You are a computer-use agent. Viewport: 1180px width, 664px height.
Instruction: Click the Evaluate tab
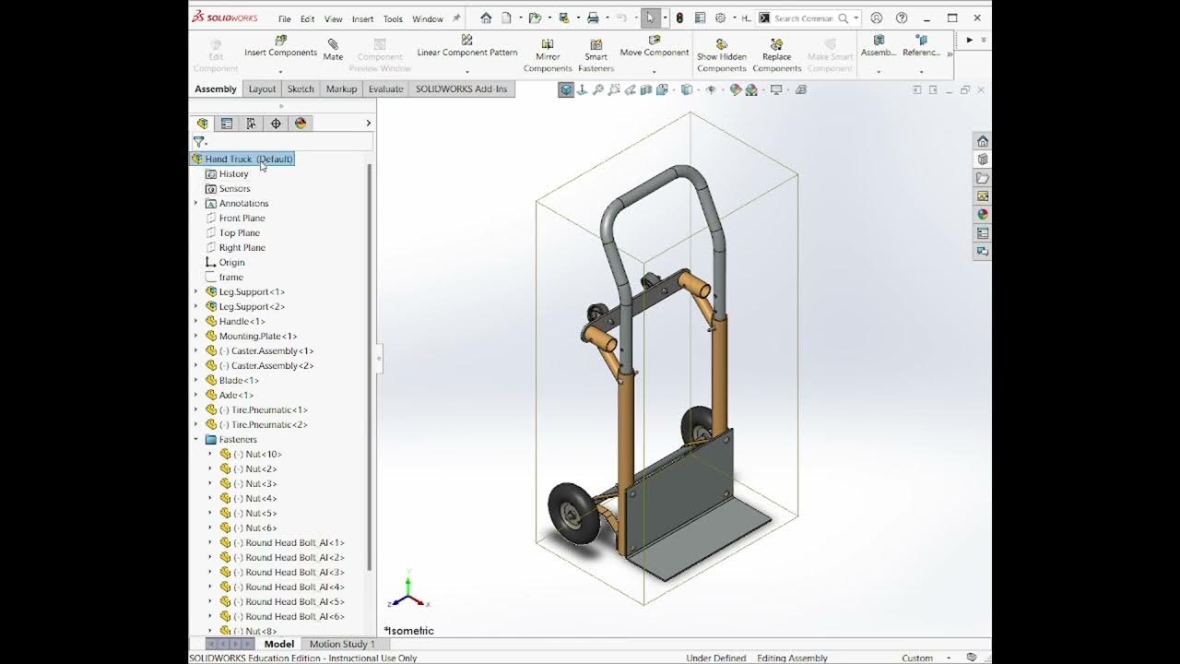385,89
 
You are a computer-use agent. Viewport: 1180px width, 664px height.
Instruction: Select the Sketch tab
301,89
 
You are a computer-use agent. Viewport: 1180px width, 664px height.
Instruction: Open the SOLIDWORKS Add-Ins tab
461,89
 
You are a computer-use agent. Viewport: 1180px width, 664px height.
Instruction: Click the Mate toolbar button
333,50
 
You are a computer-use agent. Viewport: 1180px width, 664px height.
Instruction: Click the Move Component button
655,46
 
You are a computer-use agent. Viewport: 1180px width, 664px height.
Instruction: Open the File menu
285,18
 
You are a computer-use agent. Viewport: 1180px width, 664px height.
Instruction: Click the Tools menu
393,18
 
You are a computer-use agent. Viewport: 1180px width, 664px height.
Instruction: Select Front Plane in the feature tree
242,218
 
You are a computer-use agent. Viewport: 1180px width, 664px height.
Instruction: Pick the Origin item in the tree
231,262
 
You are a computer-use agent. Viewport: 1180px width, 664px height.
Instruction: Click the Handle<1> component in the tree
242,321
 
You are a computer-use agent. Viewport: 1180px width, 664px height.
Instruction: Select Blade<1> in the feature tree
239,380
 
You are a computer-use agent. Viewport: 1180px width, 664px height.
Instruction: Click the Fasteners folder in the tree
238,439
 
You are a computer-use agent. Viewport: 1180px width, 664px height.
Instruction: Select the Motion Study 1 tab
342,644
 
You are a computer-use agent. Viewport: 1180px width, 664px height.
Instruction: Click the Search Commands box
804,18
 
